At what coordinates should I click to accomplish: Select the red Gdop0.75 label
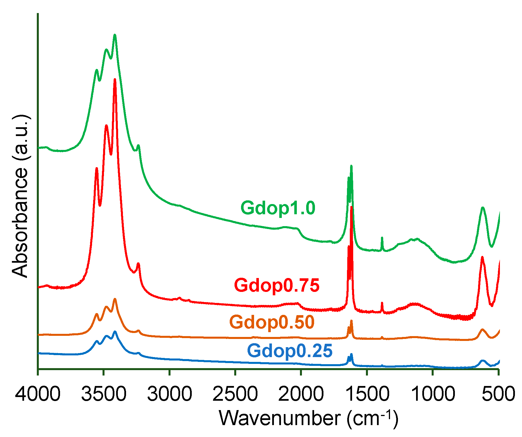click(x=277, y=285)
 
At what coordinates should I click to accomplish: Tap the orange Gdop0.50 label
click(x=272, y=322)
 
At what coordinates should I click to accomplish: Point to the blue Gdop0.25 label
click(x=290, y=351)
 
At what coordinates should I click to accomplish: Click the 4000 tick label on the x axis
click(x=38, y=394)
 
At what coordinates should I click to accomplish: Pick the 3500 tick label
click(x=104, y=394)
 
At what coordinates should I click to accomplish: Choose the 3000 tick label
click(x=169, y=394)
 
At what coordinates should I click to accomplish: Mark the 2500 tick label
click(x=235, y=394)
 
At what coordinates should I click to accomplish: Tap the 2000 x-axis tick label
click(x=301, y=394)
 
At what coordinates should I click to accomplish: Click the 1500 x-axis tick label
click(x=367, y=394)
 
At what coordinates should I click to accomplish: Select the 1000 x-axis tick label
click(x=432, y=394)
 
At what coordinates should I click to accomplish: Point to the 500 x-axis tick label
click(x=498, y=394)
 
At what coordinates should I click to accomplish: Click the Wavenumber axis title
click(x=309, y=419)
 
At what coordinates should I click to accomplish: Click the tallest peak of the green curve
click(x=115, y=35)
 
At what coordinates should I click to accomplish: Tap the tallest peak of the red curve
click(x=115, y=80)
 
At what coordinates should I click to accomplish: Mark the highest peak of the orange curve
click(x=115, y=299)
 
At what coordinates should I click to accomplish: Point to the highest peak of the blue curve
click(x=115, y=331)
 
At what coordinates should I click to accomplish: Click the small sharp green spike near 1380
click(x=382, y=238)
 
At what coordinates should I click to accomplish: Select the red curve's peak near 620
click(x=482, y=257)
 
